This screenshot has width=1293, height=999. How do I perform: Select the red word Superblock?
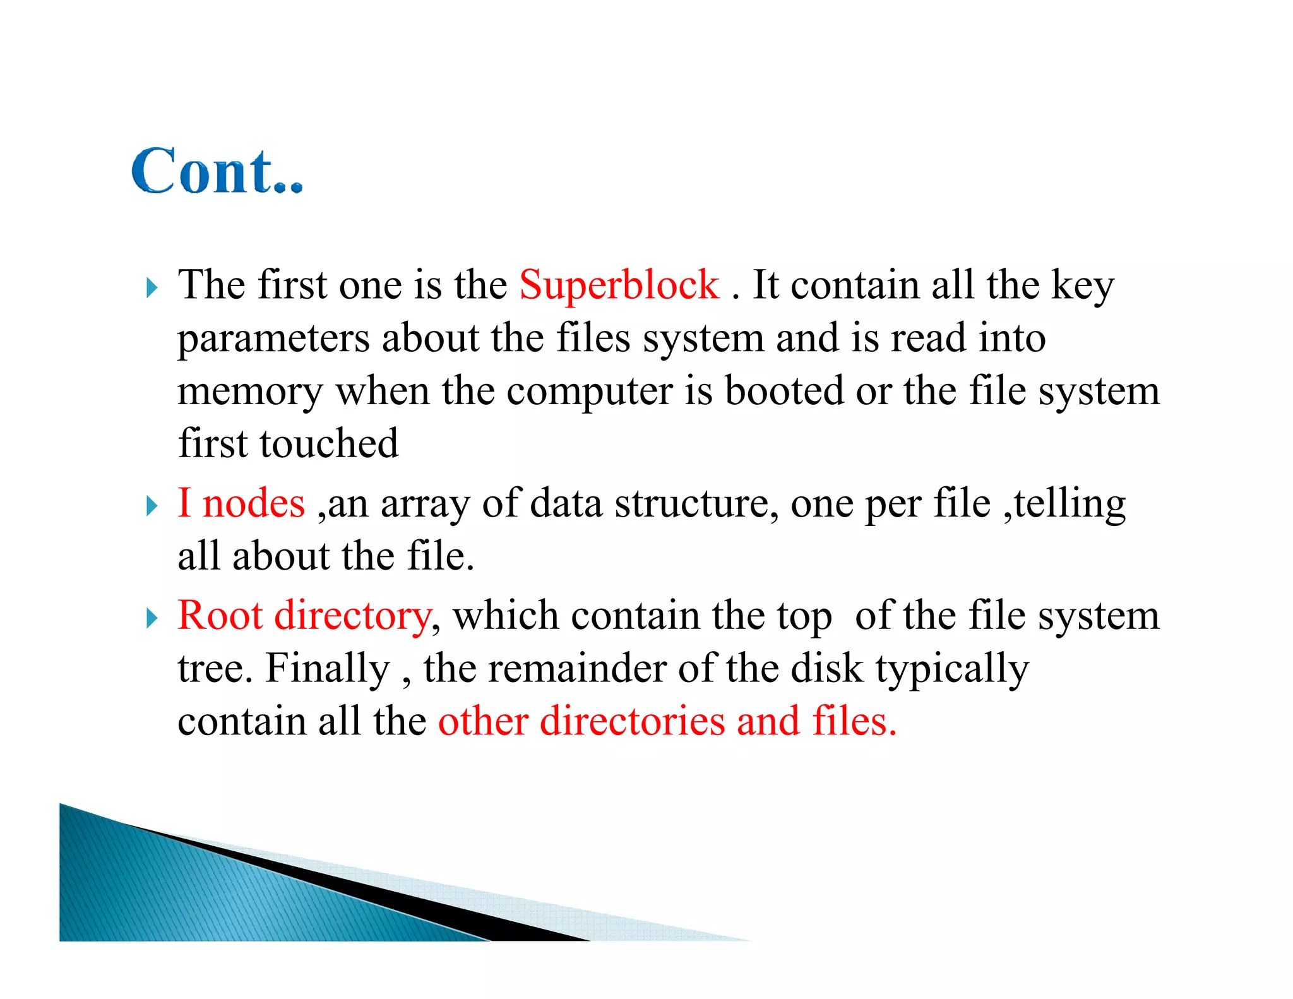[x=619, y=285]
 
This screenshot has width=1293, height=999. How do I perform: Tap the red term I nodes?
[x=241, y=504]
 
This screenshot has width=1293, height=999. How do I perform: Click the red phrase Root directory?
[x=304, y=616]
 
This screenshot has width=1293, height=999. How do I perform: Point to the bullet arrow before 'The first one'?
[x=152, y=288]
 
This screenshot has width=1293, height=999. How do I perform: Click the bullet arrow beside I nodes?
[x=152, y=506]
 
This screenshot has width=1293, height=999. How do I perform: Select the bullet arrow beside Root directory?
[x=152, y=618]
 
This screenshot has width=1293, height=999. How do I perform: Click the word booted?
[x=784, y=390]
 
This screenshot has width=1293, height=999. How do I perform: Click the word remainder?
[x=577, y=669]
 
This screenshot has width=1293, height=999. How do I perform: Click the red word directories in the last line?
[x=632, y=721]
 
